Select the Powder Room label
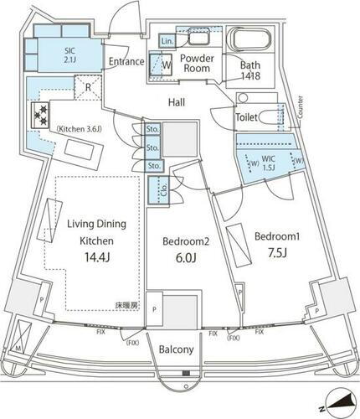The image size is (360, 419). tap(198, 65)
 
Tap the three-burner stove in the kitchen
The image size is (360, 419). tap(39, 114)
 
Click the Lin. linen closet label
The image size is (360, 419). tap(167, 40)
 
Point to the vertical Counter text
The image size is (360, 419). tap(298, 107)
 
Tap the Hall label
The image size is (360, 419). tap(175, 101)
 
